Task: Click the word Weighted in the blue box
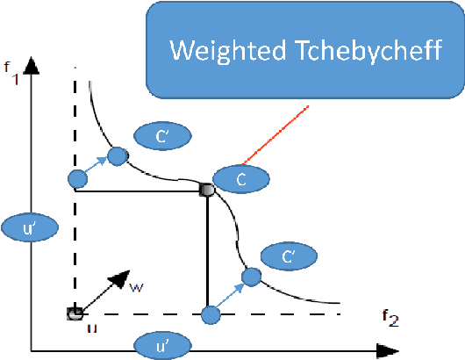click(222, 50)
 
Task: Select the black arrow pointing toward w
click(111, 287)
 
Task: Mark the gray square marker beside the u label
click(75, 313)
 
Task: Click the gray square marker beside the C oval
click(207, 189)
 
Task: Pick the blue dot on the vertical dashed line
click(77, 179)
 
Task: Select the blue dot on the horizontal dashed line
click(210, 313)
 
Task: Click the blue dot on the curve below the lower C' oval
click(252, 277)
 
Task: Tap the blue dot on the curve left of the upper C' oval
click(117, 156)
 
